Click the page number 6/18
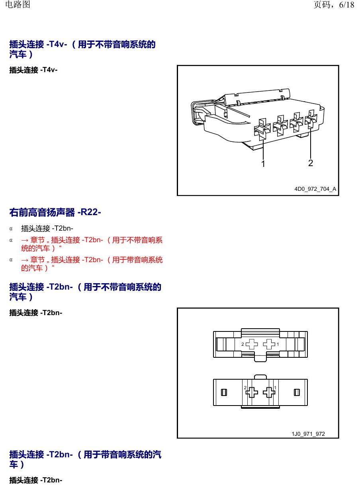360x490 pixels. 346,5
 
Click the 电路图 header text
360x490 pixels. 18,4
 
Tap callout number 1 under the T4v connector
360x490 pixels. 263,163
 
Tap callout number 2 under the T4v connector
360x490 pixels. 311,163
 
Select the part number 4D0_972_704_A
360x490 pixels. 315,189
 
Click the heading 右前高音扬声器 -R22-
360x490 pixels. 55,212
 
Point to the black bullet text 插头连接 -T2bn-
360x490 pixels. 47,228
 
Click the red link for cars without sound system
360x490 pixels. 92,244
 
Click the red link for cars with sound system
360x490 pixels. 92,264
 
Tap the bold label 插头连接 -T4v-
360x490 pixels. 33,70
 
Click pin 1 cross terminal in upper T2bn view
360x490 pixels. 269,344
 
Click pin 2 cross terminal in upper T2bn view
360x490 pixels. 252,344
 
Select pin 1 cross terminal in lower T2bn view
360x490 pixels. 269,392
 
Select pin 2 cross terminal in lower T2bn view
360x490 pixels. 252,392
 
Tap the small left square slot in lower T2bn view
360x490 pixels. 224,392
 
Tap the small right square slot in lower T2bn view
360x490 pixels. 297,392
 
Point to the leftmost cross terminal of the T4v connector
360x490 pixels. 262,129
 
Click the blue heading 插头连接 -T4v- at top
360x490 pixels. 82,49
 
